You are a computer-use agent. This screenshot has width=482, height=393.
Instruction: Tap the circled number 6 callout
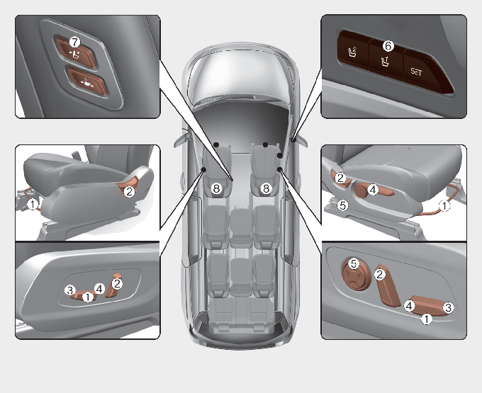click(x=388, y=46)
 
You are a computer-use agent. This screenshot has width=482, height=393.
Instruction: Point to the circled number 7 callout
click(x=74, y=42)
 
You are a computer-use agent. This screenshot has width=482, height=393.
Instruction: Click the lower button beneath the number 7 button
click(x=88, y=82)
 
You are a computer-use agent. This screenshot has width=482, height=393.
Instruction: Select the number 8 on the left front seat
click(x=216, y=188)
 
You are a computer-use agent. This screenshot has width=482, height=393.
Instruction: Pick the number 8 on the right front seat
click(x=267, y=188)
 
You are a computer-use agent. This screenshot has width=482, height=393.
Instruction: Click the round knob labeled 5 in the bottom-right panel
click(x=357, y=275)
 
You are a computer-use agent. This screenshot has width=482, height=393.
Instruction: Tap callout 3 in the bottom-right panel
click(x=448, y=307)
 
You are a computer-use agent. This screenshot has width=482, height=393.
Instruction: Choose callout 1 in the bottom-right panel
click(x=427, y=319)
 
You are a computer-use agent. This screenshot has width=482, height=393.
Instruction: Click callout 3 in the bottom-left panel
click(x=70, y=290)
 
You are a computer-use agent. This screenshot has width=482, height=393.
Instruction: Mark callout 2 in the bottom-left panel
click(x=117, y=283)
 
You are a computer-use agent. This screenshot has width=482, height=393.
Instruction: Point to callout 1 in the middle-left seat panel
click(x=33, y=204)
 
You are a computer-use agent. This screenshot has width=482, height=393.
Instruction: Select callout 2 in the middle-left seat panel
click(x=129, y=192)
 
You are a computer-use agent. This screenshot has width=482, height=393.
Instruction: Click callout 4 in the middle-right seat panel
click(x=373, y=190)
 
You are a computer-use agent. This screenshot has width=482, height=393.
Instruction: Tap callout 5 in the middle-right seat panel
click(x=343, y=205)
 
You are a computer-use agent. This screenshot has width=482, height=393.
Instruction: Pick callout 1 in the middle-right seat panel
click(x=444, y=206)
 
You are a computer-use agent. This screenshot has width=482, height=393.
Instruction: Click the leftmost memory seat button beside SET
click(x=354, y=52)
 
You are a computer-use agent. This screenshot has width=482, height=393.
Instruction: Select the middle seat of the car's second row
click(x=241, y=228)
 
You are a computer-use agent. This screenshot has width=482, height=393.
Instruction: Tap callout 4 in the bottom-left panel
click(x=99, y=289)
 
